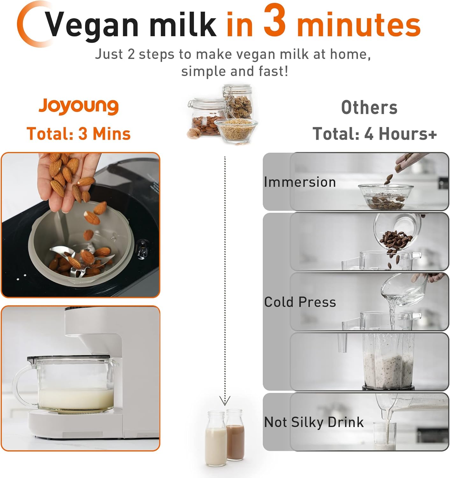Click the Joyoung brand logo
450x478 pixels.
(79, 106)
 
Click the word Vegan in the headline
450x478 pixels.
(92, 25)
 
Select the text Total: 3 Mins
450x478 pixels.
(79, 134)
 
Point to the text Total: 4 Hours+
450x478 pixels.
(375, 134)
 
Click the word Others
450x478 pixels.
(369, 108)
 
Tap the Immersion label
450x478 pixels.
(300, 182)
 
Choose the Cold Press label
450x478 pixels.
(300, 302)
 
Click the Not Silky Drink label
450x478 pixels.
(314, 422)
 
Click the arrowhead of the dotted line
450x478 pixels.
(225, 401)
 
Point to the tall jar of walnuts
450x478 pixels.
(238, 102)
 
